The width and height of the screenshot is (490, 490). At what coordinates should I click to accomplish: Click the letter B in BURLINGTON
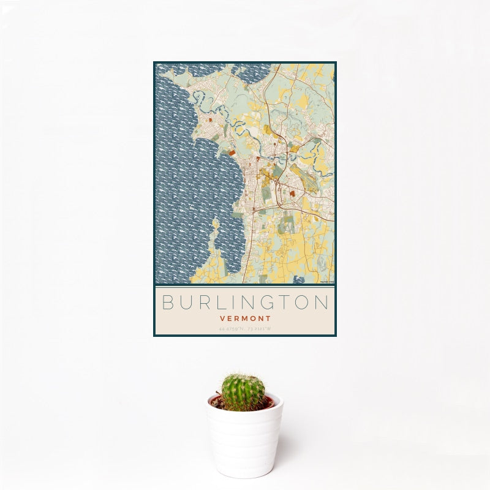[168, 303]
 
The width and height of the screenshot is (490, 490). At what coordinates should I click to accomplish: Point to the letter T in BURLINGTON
[285, 303]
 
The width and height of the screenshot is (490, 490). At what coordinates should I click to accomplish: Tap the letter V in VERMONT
[221, 318]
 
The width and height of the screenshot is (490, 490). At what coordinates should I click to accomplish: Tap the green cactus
[243, 393]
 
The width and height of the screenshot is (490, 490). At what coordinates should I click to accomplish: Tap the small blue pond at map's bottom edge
[300, 280]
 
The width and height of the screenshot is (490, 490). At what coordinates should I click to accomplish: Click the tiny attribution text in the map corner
[326, 281]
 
